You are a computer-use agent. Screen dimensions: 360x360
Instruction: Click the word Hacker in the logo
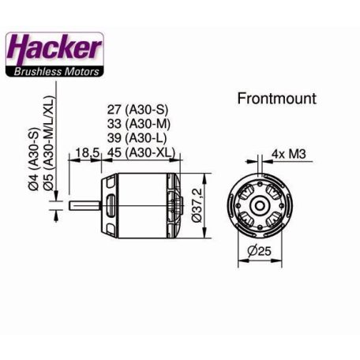[54, 49]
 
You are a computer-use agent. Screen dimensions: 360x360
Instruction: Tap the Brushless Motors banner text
[55, 72]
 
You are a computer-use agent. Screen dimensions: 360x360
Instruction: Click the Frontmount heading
[276, 99]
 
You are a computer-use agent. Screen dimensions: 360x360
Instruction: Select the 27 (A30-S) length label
[141, 111]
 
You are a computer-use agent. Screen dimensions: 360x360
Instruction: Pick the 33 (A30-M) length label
[141, 125]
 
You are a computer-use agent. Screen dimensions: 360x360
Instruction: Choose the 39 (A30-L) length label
[141, 138]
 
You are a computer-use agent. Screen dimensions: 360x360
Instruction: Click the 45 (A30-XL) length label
[141, 152]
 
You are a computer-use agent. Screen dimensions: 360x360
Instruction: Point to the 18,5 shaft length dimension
[88, 152]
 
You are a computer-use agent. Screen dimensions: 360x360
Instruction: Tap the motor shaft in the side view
[87, 207]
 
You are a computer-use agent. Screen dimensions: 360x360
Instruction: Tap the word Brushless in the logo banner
[37, 72]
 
